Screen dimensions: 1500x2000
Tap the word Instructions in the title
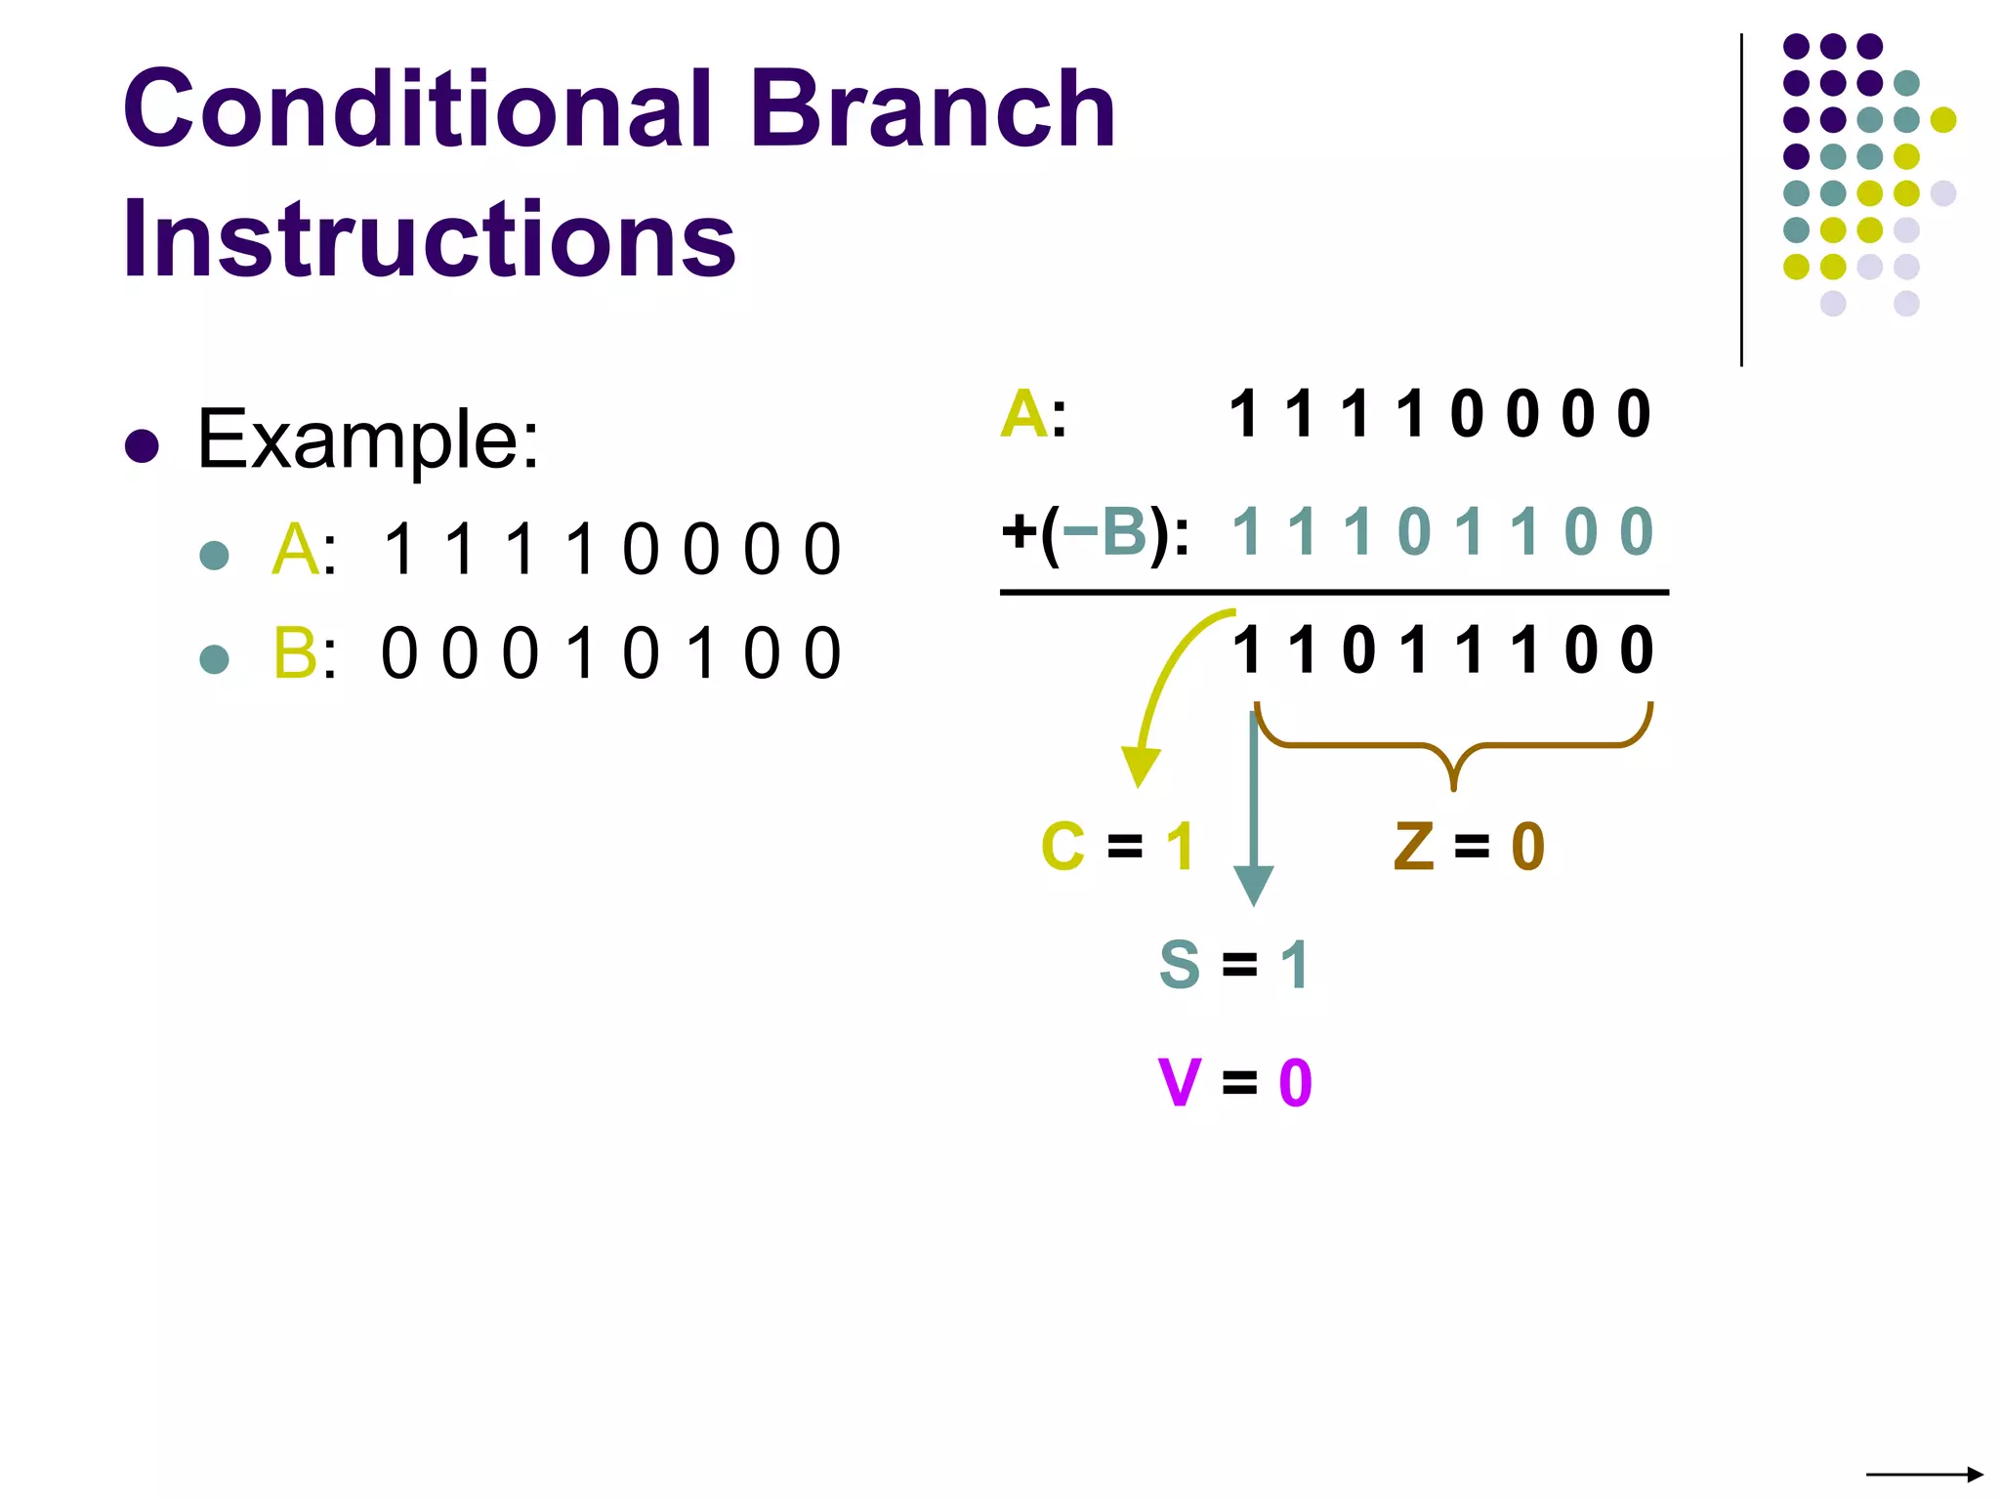pos(429,239)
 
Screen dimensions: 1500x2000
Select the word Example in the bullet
pos(367,440)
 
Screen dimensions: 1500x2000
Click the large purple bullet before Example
pos(143,446)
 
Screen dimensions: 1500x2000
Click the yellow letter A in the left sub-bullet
pos(295,550)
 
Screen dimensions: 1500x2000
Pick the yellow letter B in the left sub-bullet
pos(295,653)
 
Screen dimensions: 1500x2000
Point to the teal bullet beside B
pos(214,659)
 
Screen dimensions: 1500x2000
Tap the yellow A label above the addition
pos(1024,414)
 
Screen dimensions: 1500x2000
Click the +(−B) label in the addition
pos(1095,533)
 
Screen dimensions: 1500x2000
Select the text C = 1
pos(1117,846)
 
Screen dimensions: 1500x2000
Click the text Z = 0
pos(1469,846)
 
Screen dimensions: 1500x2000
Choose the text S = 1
pos(1233,965)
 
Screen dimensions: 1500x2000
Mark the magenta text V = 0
pos(1235,1083)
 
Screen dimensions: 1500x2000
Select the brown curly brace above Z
pos(1453,747)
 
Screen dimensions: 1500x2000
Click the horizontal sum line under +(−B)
pos(1334,592)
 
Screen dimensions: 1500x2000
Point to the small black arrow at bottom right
pos(1924,1474)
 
